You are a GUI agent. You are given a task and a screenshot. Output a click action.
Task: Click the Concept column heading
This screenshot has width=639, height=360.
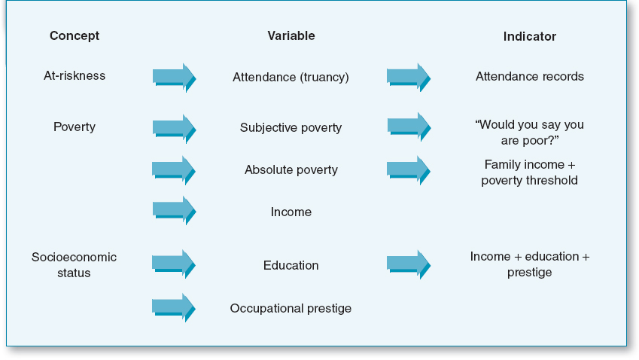[75, 36]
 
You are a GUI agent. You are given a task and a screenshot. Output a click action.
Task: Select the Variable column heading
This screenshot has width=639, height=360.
[291, 36]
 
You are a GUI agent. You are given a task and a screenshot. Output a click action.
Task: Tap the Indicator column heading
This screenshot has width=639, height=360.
[529, 37]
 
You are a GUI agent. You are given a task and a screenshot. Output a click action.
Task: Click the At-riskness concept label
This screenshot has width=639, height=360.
[75, 76]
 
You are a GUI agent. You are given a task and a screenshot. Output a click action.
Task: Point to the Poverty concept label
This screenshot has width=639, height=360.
[75, 127]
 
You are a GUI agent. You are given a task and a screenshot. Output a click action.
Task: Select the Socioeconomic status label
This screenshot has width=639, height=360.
[74, 265]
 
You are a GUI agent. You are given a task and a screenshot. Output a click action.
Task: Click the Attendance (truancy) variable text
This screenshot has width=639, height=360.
[291, 77]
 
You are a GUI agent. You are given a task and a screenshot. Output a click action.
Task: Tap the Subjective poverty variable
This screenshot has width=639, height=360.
[291, 128]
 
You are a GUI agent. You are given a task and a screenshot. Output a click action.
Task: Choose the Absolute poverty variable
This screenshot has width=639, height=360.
[291, 170]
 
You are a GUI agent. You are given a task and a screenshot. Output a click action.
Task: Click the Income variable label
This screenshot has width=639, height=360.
[291, 212]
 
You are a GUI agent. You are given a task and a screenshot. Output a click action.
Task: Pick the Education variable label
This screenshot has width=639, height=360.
[291, 265]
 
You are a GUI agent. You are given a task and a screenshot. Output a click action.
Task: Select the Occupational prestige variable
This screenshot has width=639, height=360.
[291, 309]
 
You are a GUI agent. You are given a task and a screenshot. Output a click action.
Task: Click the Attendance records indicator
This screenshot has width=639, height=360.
[530, 77]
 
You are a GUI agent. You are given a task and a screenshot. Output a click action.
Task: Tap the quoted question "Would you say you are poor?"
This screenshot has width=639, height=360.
[529, 133]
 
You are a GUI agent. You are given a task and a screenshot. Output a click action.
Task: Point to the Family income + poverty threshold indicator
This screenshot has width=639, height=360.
[529, 172]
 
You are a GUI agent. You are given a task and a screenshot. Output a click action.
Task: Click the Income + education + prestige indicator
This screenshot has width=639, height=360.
[529, 264]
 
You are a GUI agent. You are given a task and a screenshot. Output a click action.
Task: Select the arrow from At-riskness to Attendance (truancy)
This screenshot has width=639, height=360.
[175, 78]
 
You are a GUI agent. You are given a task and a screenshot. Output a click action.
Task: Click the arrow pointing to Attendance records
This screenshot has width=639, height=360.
[409, 78]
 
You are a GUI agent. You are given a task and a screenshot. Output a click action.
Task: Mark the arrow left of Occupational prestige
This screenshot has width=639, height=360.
[174, 308]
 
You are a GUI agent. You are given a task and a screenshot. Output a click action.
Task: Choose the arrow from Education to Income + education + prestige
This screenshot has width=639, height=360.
[409, 264]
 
